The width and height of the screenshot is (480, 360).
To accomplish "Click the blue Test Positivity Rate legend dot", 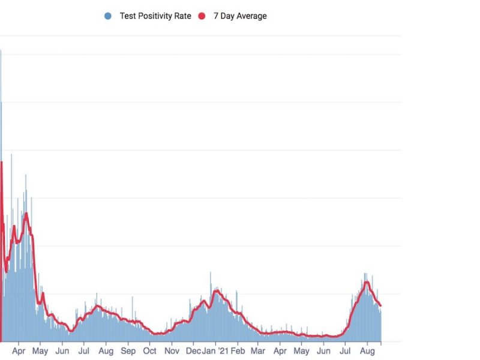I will coord(108,16).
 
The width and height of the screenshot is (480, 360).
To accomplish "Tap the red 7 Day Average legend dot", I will coord(202,16).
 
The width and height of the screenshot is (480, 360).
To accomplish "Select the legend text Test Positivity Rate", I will coord(155,16).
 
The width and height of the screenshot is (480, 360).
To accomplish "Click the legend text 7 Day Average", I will coord(240,16).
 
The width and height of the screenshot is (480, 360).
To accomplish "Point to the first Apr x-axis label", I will coord(19,350).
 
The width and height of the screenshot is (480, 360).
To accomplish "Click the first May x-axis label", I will coord(40,350).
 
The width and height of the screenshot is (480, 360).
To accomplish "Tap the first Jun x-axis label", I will coord(62,350).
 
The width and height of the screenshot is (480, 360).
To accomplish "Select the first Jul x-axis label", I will coord(84,350).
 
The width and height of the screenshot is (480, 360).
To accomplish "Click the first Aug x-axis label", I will coord(106,350).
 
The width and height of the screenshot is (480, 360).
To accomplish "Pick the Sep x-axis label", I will coord(128,350).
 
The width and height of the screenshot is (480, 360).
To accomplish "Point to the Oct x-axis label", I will coord(149,350).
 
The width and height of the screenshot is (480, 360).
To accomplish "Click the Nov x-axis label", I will coord(172,350).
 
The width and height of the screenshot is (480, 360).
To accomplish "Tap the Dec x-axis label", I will coord(193,350).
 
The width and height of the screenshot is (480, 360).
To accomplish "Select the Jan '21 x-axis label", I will coord(214,350).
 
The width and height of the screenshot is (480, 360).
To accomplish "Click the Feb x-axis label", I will coord(238,350).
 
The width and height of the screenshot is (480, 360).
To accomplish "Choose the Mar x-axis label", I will coord(258,350).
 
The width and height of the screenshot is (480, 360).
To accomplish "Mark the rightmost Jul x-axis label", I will coord(346,350).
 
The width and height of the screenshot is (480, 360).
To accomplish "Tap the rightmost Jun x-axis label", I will coord(324,350).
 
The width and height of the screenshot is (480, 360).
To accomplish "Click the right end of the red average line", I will coord(380,306).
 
